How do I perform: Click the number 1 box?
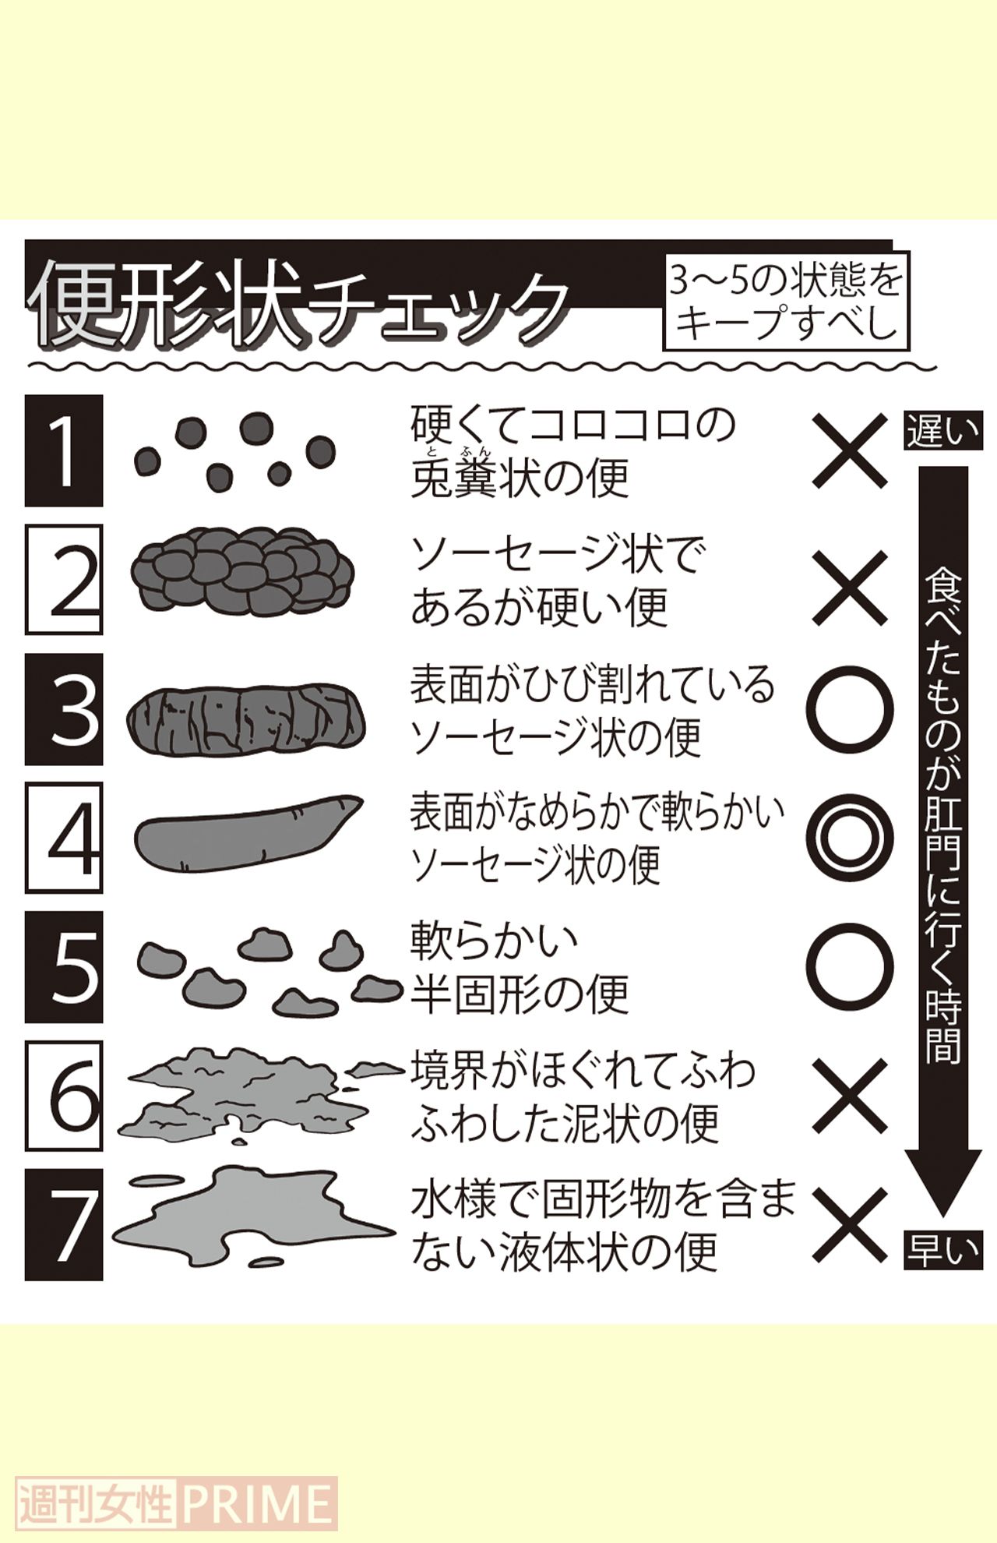pos(64,450)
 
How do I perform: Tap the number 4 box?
pos(64,838)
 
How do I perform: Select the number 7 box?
pos(64,1224)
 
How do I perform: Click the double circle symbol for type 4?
pos(850,839)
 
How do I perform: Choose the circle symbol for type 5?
pos(850,967)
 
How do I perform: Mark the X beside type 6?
pos(850,1095)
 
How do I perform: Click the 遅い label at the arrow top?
pos(942,432)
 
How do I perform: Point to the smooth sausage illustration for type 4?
pos(245,832)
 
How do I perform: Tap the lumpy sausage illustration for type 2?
pos(241,570)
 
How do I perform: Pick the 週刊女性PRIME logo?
pos(177,1502)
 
